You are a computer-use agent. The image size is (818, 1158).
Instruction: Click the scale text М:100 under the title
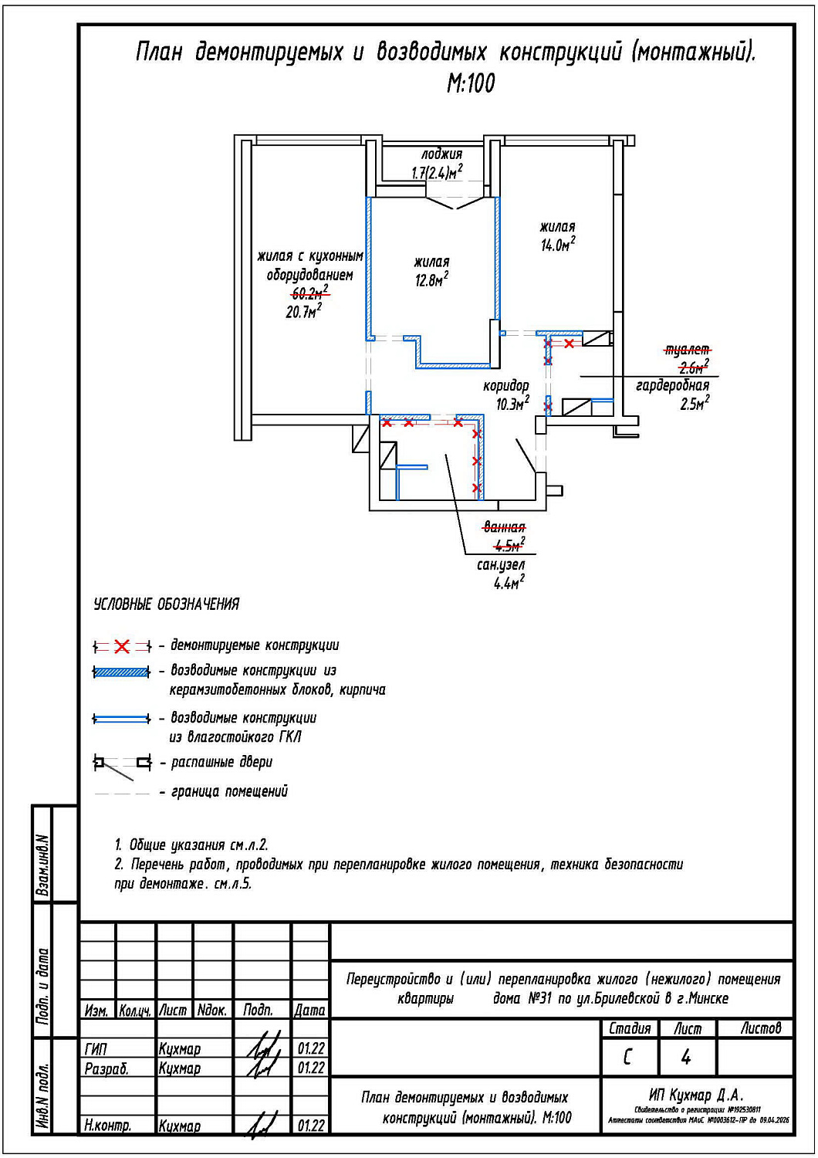tap(471, 83)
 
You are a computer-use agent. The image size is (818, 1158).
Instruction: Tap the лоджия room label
tap(441, 154)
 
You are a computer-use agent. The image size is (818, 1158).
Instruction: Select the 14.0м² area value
tap(557, 245)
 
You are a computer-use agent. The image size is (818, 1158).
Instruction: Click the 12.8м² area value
tap(431, 280)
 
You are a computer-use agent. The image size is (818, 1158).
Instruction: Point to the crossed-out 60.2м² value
tap(309, 293)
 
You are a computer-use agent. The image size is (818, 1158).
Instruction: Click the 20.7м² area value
tap(303, 312)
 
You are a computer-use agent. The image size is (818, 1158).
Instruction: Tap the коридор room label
tap(506, 386)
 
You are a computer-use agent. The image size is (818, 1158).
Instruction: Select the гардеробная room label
tap(672, 385)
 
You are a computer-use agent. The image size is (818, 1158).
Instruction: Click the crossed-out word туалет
tap(687, 350)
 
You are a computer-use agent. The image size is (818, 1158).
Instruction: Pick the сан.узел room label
tap(501, 565)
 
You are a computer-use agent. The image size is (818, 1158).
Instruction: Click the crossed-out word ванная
tap(504, 527)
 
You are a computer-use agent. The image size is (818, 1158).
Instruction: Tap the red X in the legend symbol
tap(122, 646)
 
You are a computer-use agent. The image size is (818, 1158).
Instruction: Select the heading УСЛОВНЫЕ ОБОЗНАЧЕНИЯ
tap(166, 604)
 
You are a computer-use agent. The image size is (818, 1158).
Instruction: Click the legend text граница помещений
tap(229, 791)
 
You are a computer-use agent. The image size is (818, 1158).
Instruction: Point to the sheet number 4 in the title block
tap(686, 1057)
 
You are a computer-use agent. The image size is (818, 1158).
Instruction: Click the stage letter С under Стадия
tap(628, 1057)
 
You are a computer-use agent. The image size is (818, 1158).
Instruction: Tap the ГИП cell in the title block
tap(96, 1049)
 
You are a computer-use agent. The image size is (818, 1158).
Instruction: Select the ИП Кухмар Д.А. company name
tap(696, 1095)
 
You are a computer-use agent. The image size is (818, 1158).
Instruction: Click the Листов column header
tap(761, 1028)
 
